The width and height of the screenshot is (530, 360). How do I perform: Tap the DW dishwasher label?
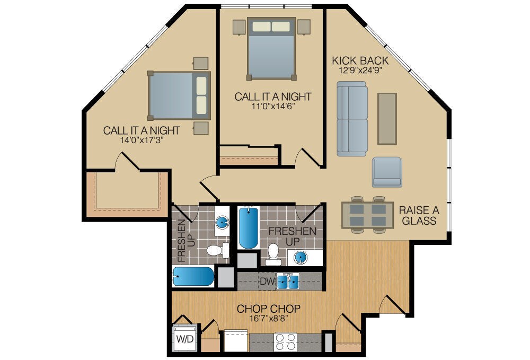267,282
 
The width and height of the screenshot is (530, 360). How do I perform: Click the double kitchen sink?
288,281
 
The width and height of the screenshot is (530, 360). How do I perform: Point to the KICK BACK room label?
360,60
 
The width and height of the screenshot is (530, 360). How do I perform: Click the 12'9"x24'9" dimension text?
357,69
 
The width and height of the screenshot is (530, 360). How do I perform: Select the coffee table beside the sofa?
386,119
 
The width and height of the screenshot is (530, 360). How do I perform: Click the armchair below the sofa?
386,172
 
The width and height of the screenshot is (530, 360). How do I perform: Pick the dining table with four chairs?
367,215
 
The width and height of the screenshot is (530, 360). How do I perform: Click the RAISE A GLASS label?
419,215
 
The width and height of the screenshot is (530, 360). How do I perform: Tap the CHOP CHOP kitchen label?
269,309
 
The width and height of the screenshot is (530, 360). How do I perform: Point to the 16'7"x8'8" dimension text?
269,319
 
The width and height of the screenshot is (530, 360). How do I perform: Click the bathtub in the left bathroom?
193,276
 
